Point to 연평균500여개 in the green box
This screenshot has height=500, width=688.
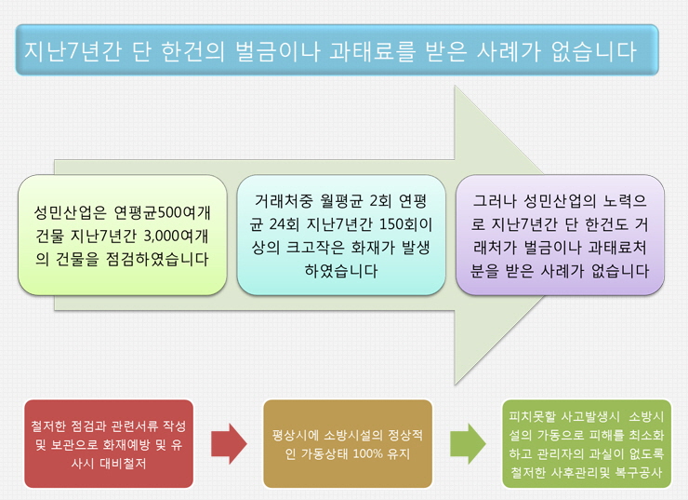[x=162, y=212]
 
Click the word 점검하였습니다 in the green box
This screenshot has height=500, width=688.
[x=157, y=259]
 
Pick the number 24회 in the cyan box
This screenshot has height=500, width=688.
[x=284, y=224]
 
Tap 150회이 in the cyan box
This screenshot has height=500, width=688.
[x=405, y=224]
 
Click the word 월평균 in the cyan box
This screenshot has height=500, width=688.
[x=342, y=201]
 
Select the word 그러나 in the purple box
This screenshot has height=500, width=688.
[x=494, y=201]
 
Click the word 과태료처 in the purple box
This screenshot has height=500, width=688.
[x=617, y=248]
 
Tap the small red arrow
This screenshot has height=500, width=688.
[x=229, y=444]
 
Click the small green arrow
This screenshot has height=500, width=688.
[x=469, y=444]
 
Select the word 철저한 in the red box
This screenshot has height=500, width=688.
[x=48, y=426]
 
